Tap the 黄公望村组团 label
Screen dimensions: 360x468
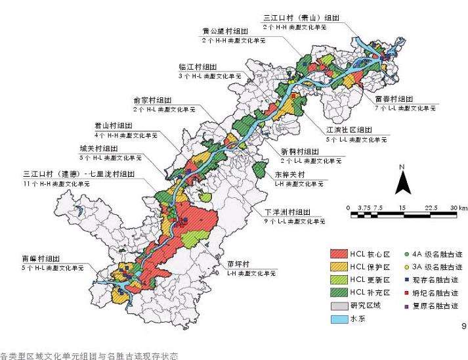tap(224, 32)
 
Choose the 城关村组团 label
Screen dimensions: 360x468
tap(99, 148)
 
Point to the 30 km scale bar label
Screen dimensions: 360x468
tap(458, 207)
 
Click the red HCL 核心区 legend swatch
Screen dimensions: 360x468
tap(339, 253)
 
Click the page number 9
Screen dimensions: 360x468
tap(464, 326)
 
